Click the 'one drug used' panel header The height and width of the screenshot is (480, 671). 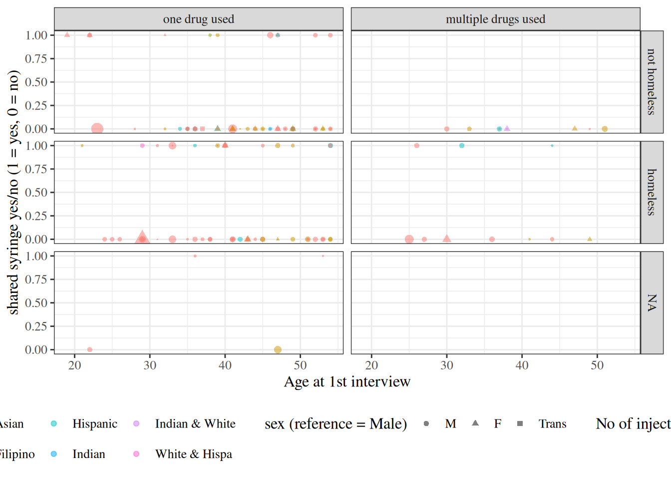(x=198, y=19)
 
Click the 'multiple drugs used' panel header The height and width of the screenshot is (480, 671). (x=495, y=19)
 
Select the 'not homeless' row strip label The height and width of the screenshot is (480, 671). (x=651, y=81)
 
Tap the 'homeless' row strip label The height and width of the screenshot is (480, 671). (x=651, y=192)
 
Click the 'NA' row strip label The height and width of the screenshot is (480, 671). (x=651, y=302)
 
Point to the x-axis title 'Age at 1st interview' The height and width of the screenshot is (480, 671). (x=347, y=381)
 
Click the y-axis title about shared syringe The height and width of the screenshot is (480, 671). (x=13, y=192)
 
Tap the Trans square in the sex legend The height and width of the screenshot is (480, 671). (x=520, y=423)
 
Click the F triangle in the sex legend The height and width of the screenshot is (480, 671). (x=475, y=423)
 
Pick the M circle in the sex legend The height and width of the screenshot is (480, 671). (x=426, y=423)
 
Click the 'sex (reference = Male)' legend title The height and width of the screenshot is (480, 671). (x=335, y=424)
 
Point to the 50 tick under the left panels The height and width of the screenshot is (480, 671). (x=300, y=365)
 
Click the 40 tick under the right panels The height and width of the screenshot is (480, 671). (x=522, y=365)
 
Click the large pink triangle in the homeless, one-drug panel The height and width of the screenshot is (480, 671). (x=142, y=237)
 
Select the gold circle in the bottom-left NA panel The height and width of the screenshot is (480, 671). (x=278, y=349)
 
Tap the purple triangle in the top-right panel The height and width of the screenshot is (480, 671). (x=507, y=128)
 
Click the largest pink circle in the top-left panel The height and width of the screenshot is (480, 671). (x=97, y=129)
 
